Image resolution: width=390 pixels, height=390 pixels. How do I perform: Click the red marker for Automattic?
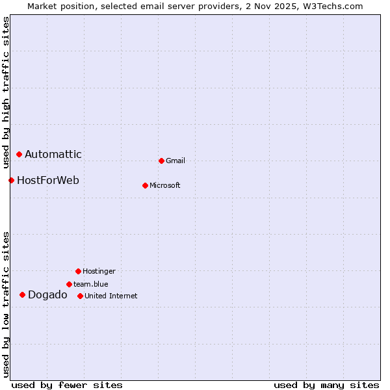[19, 154]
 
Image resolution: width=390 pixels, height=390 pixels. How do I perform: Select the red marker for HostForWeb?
[11, 180]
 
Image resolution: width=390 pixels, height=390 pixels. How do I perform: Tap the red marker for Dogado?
[22, 294]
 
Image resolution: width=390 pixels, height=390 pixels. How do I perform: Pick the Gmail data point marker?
[161, 161]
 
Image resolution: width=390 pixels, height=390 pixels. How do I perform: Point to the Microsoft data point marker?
[145, 185]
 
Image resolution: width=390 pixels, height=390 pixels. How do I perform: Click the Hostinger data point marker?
[78, 271]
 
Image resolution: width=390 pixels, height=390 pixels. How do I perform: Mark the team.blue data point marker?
[69, 284]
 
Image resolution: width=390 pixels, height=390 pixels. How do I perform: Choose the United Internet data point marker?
[80, 296]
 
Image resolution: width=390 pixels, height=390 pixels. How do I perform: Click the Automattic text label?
[53, 154]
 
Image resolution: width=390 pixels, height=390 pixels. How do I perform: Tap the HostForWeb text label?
[48, 180]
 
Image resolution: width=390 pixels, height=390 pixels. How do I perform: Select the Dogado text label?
[47, 295]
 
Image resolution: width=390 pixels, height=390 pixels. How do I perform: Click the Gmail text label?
[175, 161]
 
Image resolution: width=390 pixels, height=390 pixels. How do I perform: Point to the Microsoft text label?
[165, 185]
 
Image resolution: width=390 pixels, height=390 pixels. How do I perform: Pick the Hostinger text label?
[99, 271]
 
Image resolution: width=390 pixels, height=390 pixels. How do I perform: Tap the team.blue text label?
[91, 284]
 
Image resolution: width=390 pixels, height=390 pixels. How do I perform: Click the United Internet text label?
[111, 296]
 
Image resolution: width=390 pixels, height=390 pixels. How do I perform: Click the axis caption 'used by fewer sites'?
[67, 385]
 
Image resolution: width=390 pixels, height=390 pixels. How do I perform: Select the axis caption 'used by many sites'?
[326, 385]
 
